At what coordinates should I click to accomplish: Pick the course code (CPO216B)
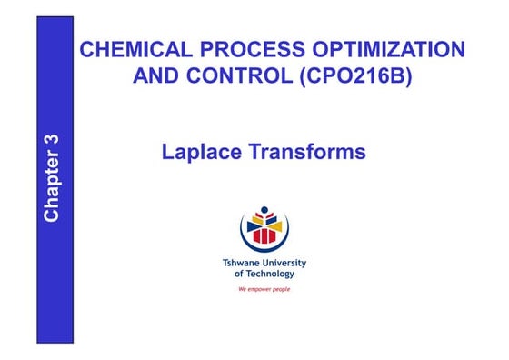pyautogui.click(x=355, y=76)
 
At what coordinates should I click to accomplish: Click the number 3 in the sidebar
pyautogui.click(x=52, y=145)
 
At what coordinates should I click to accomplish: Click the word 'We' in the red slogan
pyautogui.click(x=242, y=288)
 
